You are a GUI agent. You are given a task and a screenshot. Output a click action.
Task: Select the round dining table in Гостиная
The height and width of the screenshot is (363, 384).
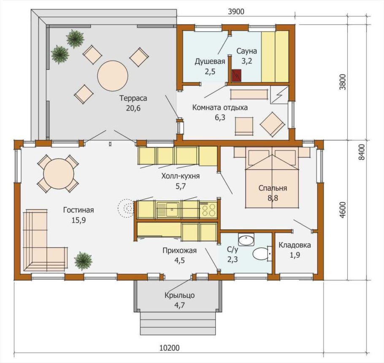pos(59,174)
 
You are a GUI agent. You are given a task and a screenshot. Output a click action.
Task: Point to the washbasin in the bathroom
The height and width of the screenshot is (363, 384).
pos(246,239)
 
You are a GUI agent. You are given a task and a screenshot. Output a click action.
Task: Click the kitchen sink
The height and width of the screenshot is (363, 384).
pos(168,209)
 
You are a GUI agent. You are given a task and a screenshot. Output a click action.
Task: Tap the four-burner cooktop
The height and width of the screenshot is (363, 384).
pos(208,209)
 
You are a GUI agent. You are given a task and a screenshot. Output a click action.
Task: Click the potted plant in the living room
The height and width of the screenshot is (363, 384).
pos(83,260)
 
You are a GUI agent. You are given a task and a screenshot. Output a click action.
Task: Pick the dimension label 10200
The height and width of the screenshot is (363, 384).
pos(170,348)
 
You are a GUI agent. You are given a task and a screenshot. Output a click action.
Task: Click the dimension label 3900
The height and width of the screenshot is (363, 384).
pos(236,11)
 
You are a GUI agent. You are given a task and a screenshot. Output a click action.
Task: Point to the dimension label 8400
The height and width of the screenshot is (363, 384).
pos(362,152)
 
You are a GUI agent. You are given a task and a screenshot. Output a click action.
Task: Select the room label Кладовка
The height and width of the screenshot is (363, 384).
pos(295,245)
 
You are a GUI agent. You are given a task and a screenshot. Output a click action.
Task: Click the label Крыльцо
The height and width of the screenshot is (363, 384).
pos(179,295)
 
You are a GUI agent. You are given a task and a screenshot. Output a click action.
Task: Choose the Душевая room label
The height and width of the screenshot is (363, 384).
pos(210,61)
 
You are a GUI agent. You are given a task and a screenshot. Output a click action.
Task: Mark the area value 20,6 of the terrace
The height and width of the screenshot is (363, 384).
pos(133,108)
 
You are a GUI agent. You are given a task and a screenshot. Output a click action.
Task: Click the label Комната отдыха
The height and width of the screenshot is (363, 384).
pos(220,107)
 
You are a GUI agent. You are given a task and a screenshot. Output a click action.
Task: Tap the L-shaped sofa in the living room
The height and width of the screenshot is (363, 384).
pos(45,241)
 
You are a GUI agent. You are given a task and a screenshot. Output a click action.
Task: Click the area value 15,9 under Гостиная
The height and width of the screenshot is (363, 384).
pos(78,220)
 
